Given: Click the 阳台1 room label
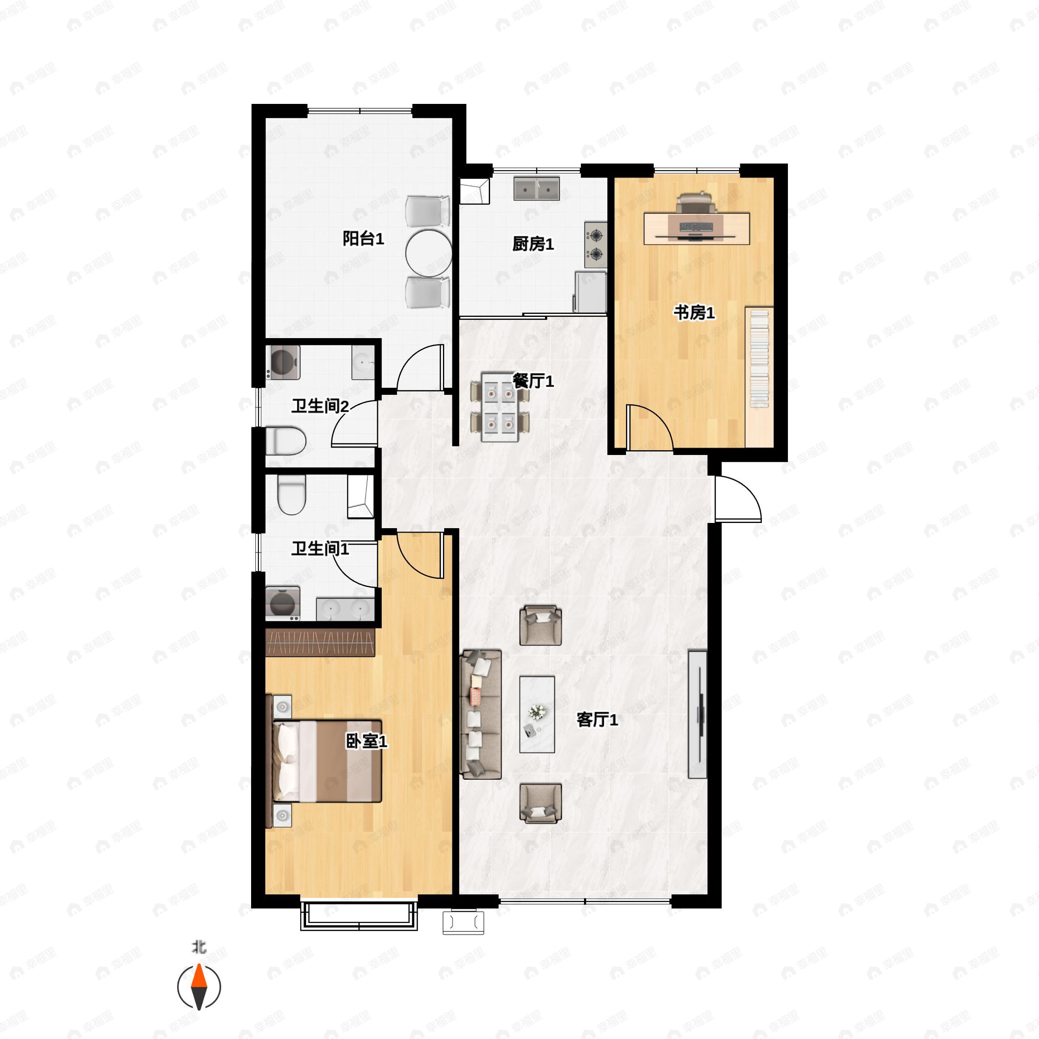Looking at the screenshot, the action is (x=364, y=238).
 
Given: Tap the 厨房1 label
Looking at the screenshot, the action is (x=533, y=244).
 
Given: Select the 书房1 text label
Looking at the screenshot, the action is (x=694, y=313).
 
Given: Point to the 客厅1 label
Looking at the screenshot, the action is (x=597, y=720).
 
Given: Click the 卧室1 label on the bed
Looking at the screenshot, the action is (x=366, y=742).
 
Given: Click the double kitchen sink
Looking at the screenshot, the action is (x=536, y=188).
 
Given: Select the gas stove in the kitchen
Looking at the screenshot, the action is (x=596, y=245).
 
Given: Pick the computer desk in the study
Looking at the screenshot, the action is (x=697, y=229).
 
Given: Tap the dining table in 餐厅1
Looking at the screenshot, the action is (x=500, y=407).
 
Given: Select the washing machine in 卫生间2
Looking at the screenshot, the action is (x=283, y=362).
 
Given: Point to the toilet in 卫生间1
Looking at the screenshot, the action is (x=291, y=494).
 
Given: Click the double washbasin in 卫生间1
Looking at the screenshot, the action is (x=345, y=609).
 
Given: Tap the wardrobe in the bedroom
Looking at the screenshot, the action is (x=320, y=642).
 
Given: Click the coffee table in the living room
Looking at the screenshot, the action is (x=537, y=714).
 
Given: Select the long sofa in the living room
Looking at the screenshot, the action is (x=481, y=715).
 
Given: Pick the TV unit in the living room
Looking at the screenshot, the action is (x=697, y=714).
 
